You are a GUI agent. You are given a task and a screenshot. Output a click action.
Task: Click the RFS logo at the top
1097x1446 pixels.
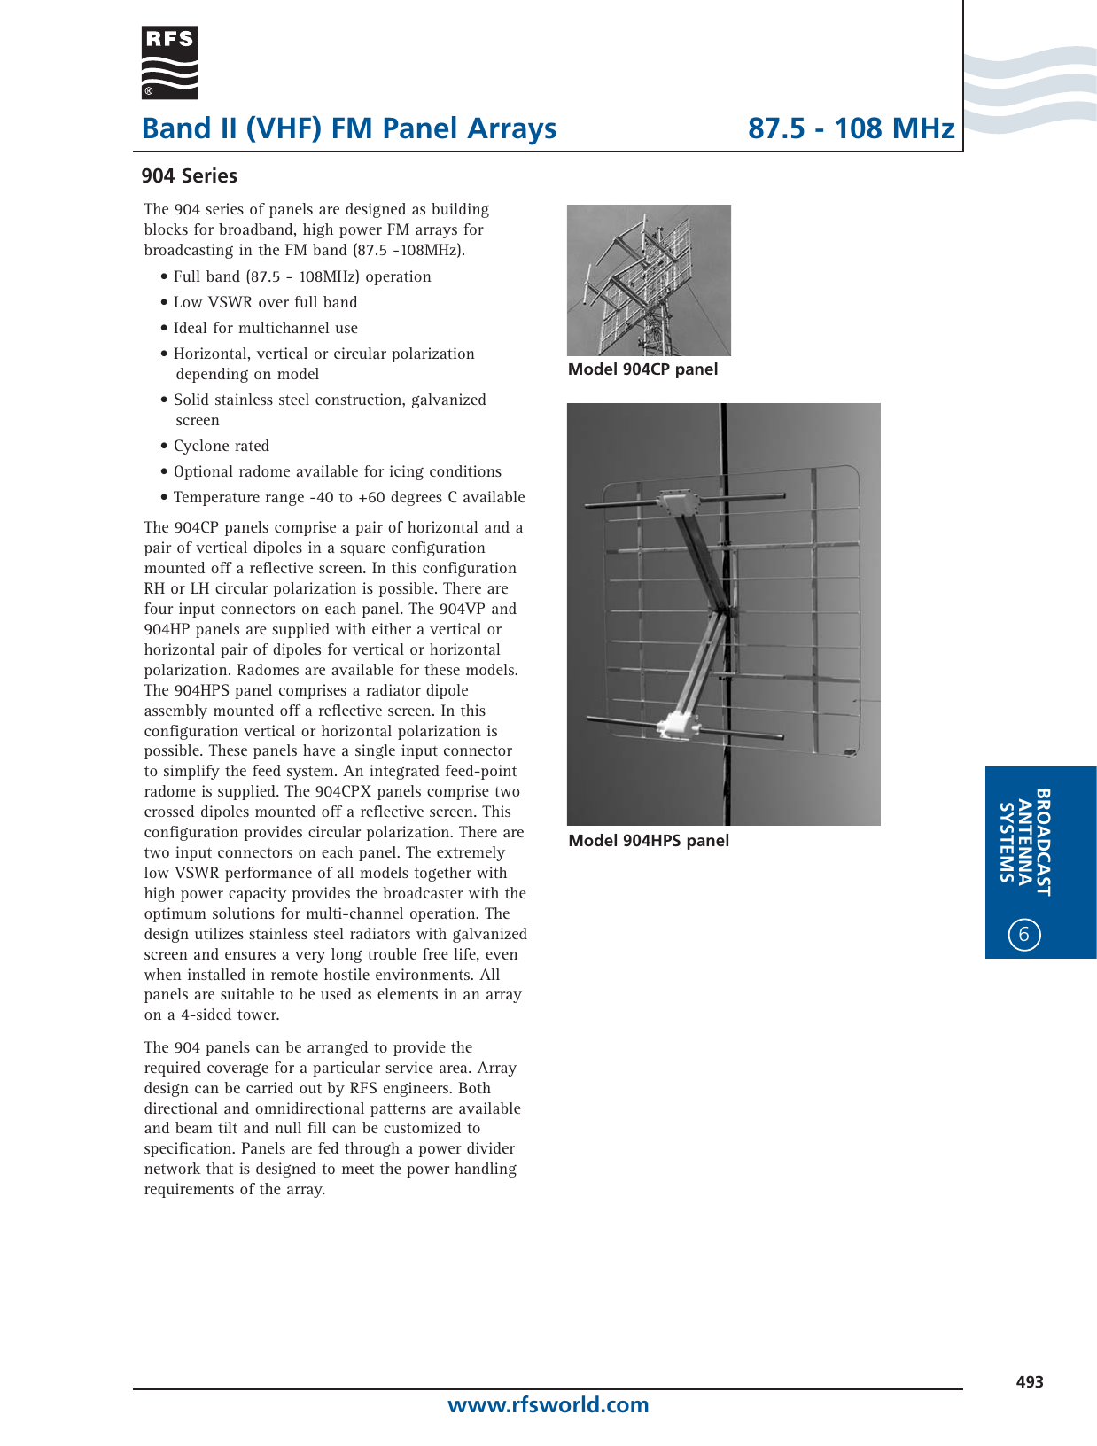pyautogui.click(x=169, y=62)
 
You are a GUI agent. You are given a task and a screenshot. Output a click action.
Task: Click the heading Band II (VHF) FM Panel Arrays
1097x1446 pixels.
pyautogui.click(x=349, y=128)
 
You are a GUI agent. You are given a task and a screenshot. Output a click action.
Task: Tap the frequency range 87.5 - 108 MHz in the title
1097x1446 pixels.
pyautogui.click(x=851, y=128)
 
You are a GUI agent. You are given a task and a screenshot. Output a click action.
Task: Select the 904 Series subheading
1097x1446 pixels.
pyautogui.click(x=189, y=175)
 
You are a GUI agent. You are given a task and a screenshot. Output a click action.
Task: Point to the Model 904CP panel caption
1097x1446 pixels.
pyautogui.click(x=642, y=369)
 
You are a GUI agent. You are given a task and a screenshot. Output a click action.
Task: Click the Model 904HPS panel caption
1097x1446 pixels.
pyautogui.click(x=649, y=841)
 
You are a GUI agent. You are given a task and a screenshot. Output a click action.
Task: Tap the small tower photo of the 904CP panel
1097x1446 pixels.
pyautogui.click(x=649, y=280)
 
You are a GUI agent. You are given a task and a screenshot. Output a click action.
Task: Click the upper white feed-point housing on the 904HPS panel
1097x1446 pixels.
pyautogui.click(x=678, y=503)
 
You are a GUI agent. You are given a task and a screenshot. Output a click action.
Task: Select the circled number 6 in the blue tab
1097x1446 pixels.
pyautogui.click(x=1024, y=934)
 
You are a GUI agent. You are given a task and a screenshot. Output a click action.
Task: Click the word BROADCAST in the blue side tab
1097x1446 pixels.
pyautogui.click(x=1044, y=842)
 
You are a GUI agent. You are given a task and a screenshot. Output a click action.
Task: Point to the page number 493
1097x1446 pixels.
pyautogui.click(x=1030, y=1382)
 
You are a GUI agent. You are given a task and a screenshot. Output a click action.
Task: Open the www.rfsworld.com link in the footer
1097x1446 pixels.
pyautogui.click(x=548, y=1405)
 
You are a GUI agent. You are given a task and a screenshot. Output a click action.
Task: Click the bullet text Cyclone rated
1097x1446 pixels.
pyautogui.click(x=221, y=447)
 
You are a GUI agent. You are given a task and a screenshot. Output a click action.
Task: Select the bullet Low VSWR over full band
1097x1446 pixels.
pyautogui.click(x=265, y=303)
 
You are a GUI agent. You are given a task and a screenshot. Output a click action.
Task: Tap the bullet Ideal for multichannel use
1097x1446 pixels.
pyautogui.click(x=265, y=329)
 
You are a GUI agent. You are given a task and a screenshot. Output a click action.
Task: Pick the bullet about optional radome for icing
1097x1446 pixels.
pyautogui.click(x=337, y=472)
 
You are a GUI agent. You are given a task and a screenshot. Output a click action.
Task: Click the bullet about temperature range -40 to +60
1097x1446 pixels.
pyautogui.click(x=348, y=498)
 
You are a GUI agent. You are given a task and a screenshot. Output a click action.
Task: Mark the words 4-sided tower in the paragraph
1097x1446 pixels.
pyautogui.click(x=230, y=1015)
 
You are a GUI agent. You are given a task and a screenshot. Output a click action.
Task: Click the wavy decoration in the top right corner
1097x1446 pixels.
pyautogui.click(x=1030, y=89)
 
